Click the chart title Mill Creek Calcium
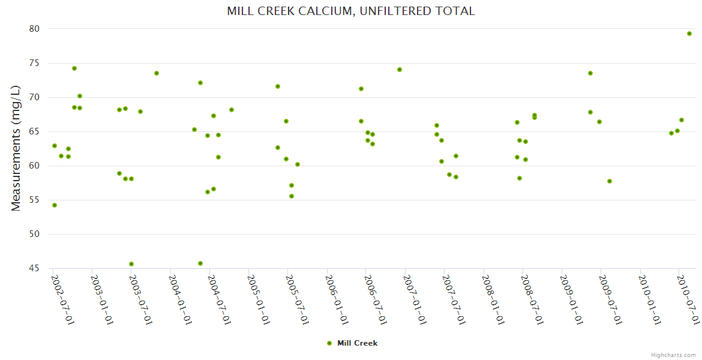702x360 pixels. [x=351, y=11]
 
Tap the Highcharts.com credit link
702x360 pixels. [x=673, y=355]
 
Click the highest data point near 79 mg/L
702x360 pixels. [x=689, y=34]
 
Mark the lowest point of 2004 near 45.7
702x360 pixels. [x=200, y=263]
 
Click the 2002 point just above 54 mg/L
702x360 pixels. [x=55, y=205]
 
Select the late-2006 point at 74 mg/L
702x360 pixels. [x=400, y=70]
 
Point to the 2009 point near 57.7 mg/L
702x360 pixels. [x=610, y=181]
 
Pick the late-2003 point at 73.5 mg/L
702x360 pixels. [x=157, y=73]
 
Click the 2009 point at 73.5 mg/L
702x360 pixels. [x=590, y=73]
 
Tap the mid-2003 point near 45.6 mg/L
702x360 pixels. [x=131, y=264]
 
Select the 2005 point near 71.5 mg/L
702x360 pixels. [x=278, y=86]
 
